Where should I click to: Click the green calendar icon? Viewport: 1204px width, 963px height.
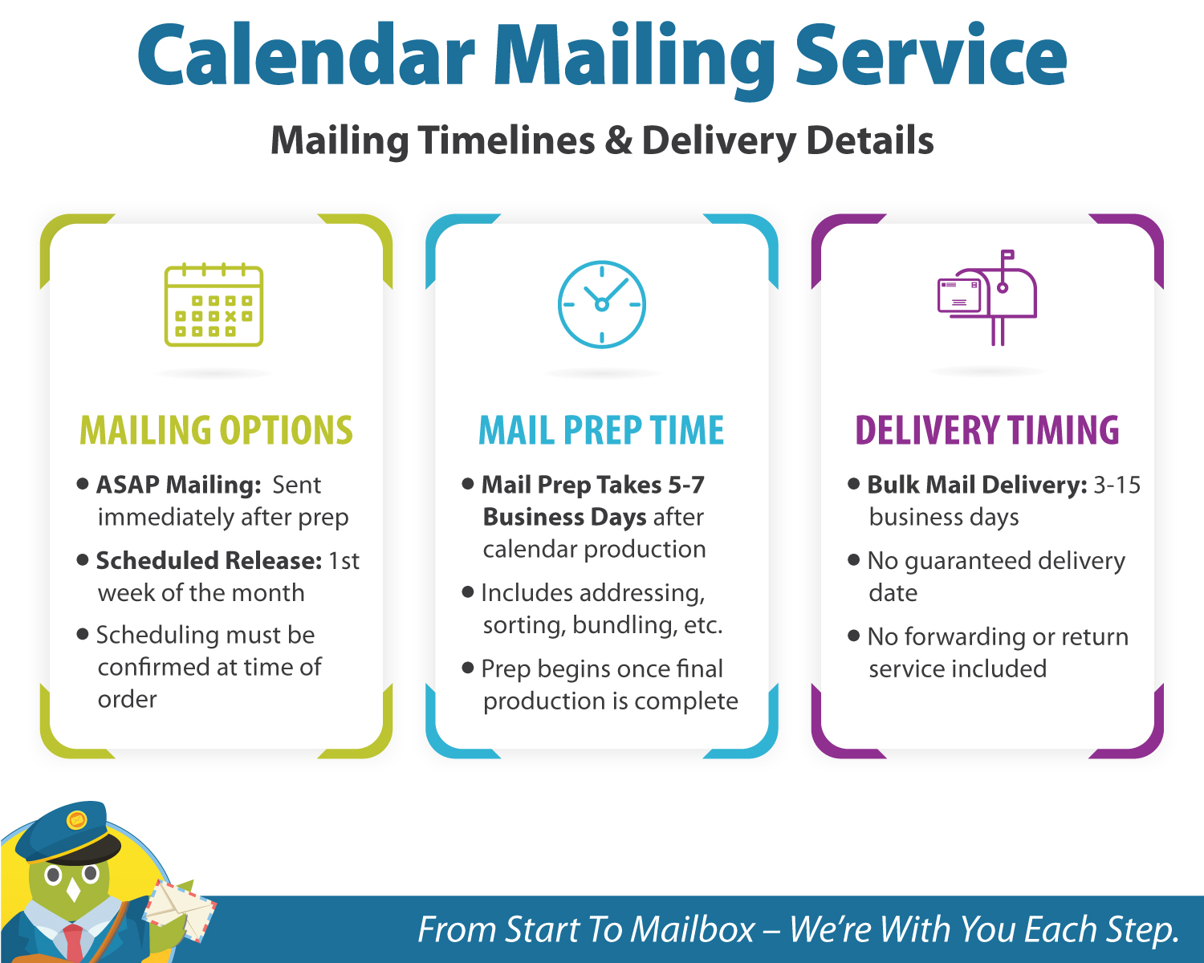[214, 305]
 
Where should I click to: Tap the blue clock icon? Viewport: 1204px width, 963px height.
[602, 304]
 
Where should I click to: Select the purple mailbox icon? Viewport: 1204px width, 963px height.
[987, 297]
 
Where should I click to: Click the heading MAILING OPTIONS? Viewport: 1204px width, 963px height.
[216, 430]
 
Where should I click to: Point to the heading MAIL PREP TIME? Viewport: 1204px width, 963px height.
[601, 430]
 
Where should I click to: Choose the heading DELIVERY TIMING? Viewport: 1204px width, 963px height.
[986, 430]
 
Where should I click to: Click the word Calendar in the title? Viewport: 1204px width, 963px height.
[306, 56]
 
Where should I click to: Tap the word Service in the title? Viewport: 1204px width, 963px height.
[930, 56]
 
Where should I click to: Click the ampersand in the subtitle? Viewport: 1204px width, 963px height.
[618, 140]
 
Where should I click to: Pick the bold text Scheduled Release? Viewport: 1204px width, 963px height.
[209, 560]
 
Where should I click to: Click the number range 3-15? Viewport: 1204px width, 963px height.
[1117, 485]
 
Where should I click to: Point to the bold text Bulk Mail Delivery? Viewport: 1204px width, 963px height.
[977, 485]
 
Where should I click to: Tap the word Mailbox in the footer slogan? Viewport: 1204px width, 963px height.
[692, 929]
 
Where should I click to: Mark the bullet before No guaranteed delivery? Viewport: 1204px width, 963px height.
[853, 559]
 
